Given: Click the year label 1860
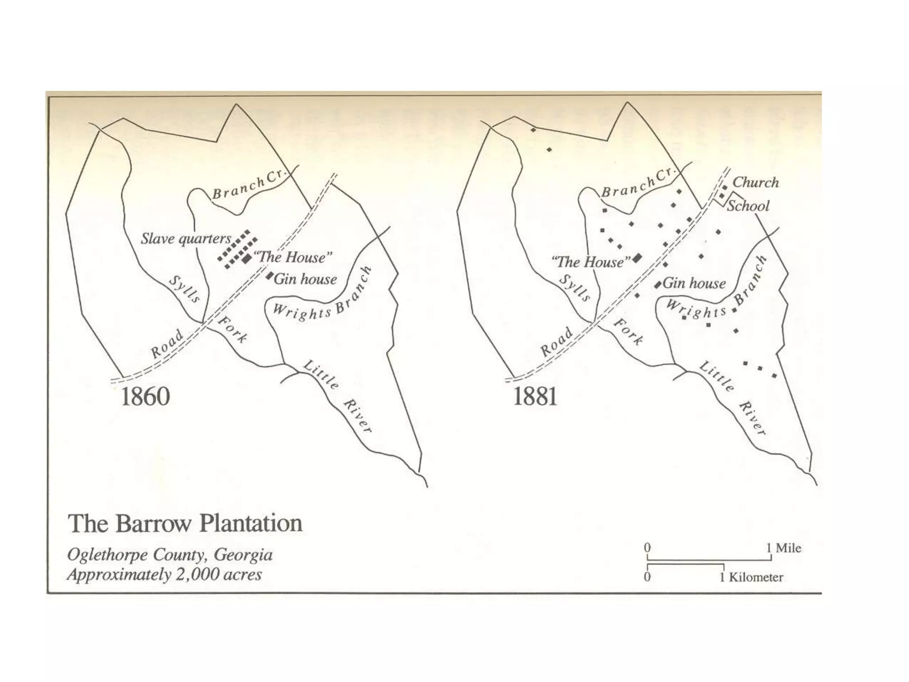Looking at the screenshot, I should coord(145,397).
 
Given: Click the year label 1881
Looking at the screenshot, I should coord(535,397).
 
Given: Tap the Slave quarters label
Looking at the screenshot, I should coord(186,239).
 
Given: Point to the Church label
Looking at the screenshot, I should coord(755,182).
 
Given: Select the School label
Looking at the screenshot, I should coord(748,206).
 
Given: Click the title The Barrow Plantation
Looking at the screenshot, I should coord(185,523).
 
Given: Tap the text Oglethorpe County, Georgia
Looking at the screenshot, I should coord(170,555).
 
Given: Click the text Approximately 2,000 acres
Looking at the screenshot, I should coord(165,575).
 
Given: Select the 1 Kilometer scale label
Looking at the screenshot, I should coord(751,578).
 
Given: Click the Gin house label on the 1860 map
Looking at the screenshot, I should coord(305,279).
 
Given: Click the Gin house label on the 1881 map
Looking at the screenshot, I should coord(694,284).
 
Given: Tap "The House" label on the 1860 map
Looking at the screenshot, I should coord(292,258).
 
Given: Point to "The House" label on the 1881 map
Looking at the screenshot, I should coord(591,262).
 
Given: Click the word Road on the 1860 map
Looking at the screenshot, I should coord(167,344).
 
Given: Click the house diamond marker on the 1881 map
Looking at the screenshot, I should coord(638,257).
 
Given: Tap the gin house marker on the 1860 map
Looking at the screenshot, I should coord(269,276).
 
